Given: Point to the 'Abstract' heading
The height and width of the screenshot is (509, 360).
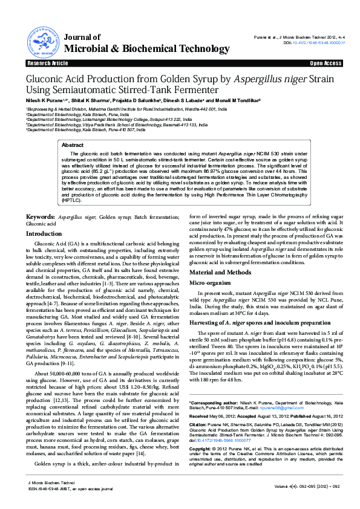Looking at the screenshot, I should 73,146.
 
